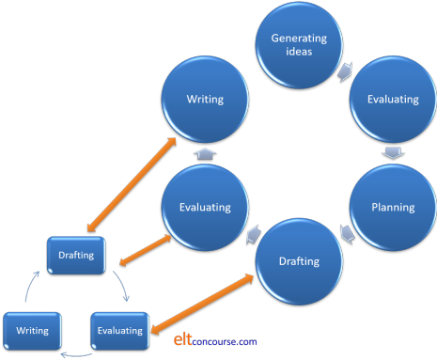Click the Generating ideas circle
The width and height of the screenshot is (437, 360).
coord(298,44)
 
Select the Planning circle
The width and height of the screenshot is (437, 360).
coord(393,207)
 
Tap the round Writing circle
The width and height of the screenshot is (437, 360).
coord(205,98)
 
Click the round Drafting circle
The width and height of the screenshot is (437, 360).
coord(299,259)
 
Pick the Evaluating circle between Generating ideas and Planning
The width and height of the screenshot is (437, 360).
coord(393,98)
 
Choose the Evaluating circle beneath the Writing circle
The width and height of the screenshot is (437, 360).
coord(205,206)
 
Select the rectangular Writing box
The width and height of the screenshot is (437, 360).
coord(33,330)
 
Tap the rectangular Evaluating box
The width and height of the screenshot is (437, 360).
coord(120,330)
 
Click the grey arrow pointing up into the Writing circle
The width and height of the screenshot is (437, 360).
coord(205,152)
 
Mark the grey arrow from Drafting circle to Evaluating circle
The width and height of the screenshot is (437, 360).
coord(252,233)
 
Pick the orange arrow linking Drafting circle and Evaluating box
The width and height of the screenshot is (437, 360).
coord(202,302)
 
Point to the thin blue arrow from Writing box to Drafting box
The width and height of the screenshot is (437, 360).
coord(35,286)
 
